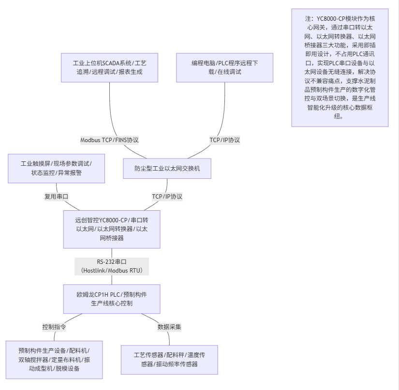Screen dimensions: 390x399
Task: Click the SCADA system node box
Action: coord(109,68)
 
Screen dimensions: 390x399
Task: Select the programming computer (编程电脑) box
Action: coord(224,68)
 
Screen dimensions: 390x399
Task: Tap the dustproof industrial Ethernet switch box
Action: coord(167,169)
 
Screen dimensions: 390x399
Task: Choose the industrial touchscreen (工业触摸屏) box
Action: coord(56,168)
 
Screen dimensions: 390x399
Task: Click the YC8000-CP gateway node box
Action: coord(112,229)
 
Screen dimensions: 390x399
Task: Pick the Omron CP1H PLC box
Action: coord(112,299)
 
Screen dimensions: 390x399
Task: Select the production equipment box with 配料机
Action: coord(54,360)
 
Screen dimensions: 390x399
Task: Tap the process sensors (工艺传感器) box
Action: coord(169,360)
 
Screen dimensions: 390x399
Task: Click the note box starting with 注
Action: coord(340,67)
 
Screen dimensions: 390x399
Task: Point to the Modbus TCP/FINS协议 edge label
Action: coord(109,140)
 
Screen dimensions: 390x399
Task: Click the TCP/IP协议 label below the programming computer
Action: coord(224,140)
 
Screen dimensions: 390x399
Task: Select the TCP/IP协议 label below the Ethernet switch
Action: coord(167,197)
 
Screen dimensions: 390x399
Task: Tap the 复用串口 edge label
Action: coord(56,197)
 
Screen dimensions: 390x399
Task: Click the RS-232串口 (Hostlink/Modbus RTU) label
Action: coord(112,266)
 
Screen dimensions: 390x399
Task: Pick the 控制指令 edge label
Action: coord(54,327)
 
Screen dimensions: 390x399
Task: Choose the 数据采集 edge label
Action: coord(169,327)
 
